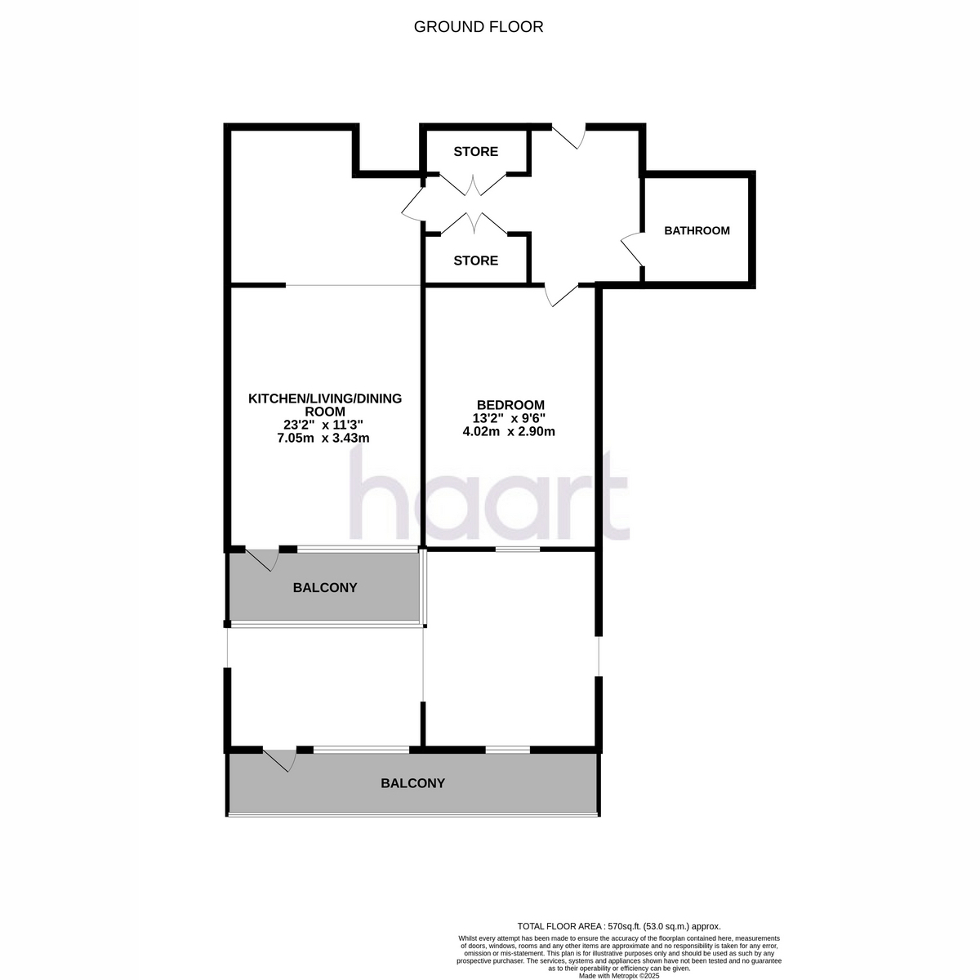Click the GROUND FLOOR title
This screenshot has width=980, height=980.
(x=478, y=27)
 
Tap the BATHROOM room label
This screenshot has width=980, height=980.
(x=697, y=230)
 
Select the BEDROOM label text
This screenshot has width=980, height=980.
(x=510, y=405)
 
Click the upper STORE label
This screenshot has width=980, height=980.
(x=475, y=152)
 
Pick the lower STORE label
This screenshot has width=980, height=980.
(x=475, y=261)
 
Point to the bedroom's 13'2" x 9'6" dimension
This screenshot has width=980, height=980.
(x=509, y=419)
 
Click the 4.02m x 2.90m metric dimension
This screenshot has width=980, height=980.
(x=509, y=432)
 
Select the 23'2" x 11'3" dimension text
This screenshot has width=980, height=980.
(x=323, y=425)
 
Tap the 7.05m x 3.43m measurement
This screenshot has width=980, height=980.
(x=323, y=438)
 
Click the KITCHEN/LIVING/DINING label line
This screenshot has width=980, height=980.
(x=325, y=399)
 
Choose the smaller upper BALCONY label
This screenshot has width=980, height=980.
(x=325, y=587)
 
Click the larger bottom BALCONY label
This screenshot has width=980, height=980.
(x=413, y=783)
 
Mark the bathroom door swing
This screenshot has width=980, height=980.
(x=633, y=249)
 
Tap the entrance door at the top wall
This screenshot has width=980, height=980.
(x=569, y=136)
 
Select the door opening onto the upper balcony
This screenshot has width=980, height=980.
(x=262, y=559)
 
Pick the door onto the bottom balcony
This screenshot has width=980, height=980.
(x=279, y=760)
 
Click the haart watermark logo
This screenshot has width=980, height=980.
(x=489, y=494)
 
